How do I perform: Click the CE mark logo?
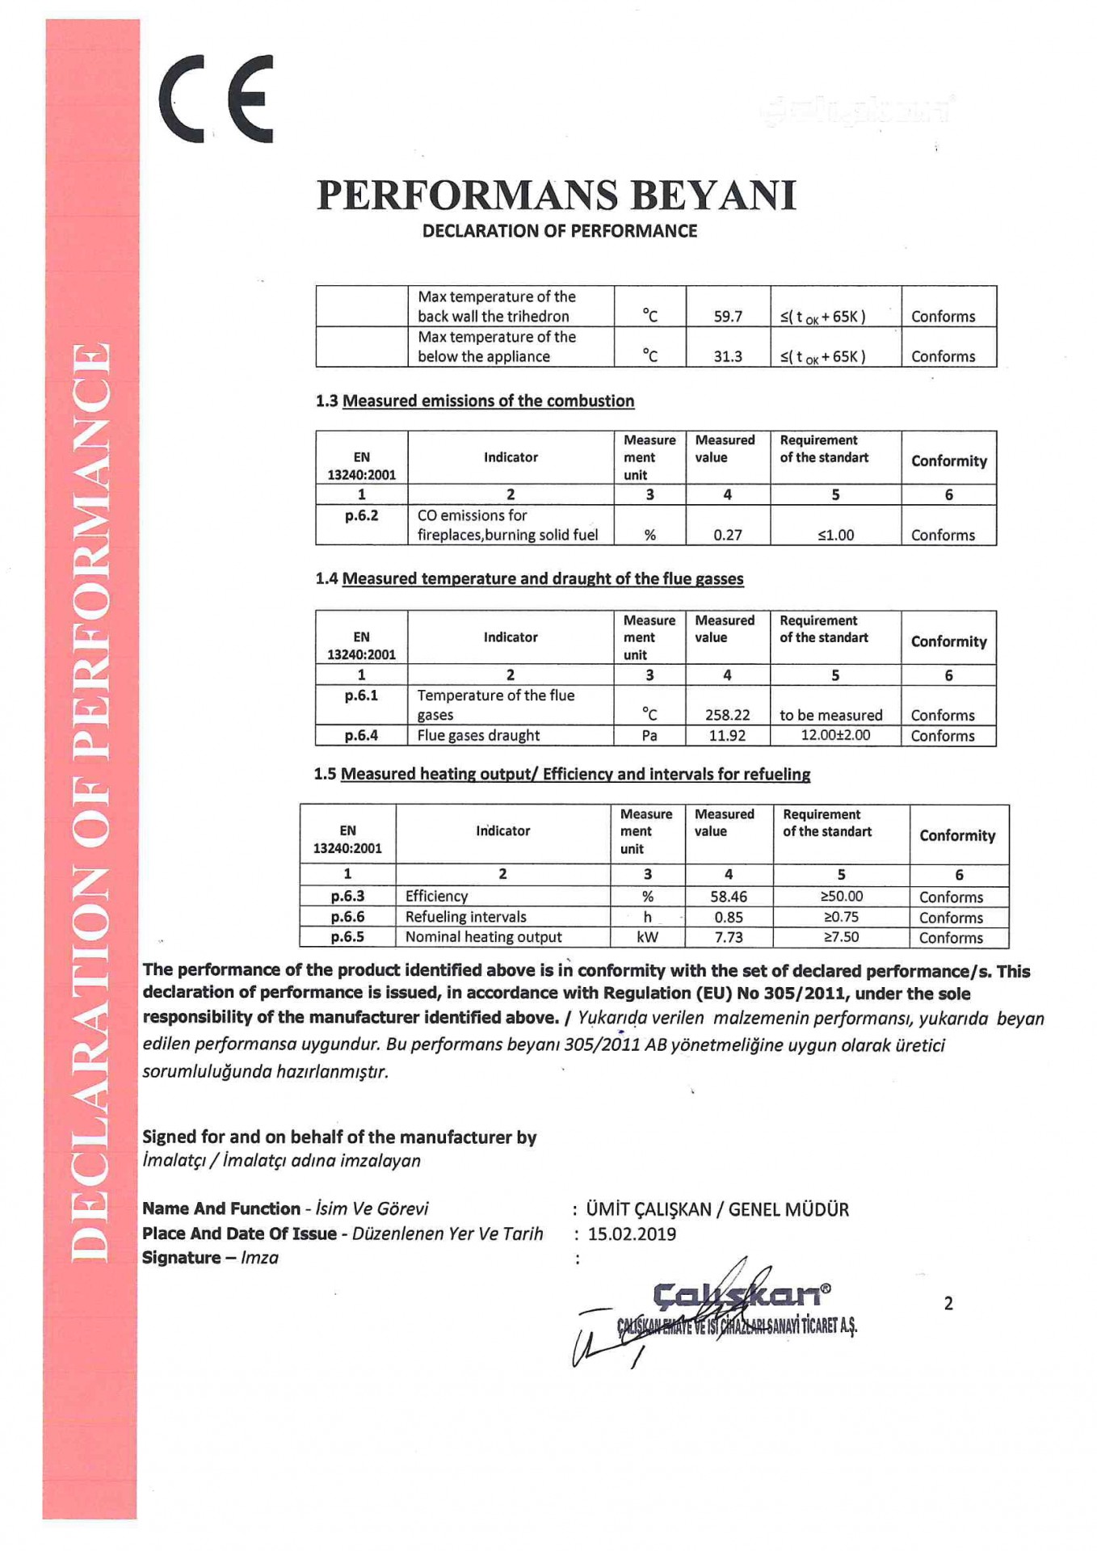216,99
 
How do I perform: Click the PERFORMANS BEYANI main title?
557,195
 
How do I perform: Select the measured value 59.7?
728,317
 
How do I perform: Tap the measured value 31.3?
728,356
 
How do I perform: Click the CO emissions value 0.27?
728,535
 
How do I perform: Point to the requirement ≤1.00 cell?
835,535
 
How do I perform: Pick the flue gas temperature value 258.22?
727,715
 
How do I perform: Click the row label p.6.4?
361,735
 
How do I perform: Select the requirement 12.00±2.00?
835,735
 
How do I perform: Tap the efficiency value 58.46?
729,897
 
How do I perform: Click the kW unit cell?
647,937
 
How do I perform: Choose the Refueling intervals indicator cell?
466,917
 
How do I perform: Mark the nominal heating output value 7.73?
729,937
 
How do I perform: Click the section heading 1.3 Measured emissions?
475,401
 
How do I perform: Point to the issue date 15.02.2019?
632,1234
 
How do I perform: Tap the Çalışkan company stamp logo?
741,1295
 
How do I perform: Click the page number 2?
948,1303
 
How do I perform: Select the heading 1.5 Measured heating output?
562,774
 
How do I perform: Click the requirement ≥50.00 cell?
841,897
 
